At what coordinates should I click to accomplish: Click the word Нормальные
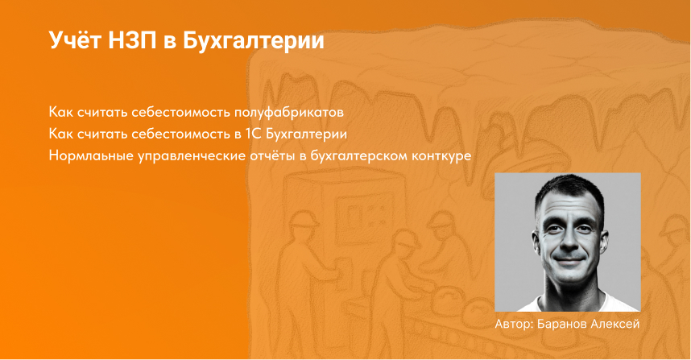point(86,154)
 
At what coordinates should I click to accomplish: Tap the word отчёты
point(268,154)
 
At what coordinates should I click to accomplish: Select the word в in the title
point(169,41)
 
